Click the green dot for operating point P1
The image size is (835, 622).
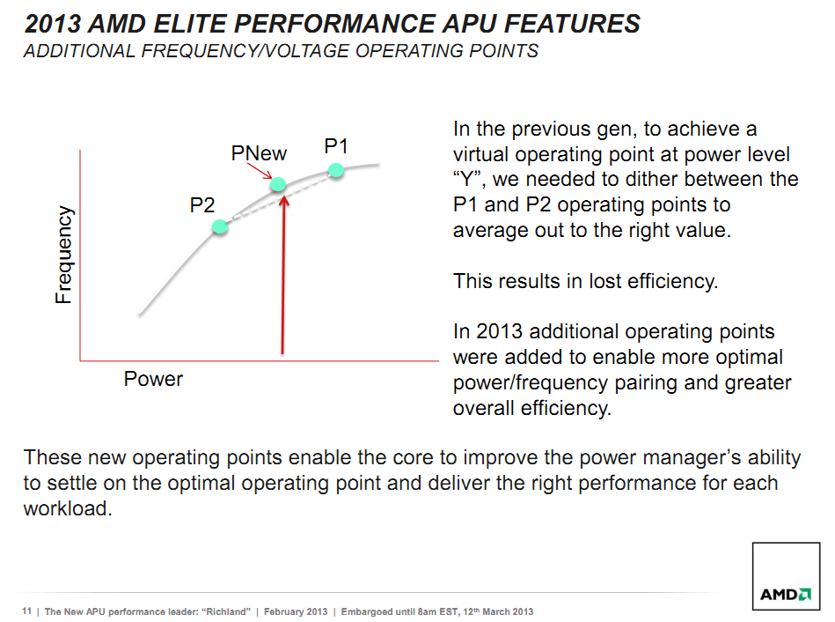336,170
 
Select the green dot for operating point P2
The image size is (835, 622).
220,226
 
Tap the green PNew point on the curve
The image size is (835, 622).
278,184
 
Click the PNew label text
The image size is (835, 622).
259,153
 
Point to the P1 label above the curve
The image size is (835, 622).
336,146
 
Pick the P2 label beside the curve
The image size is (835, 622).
201,205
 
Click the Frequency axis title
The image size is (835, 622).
63,255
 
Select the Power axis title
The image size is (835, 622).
153,379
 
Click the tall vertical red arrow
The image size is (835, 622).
282,275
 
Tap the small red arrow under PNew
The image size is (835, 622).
260,171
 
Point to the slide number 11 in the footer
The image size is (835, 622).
26,611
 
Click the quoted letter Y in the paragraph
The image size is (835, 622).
467,179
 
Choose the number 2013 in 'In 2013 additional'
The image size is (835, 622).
500,331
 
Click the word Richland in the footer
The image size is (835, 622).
226,611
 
